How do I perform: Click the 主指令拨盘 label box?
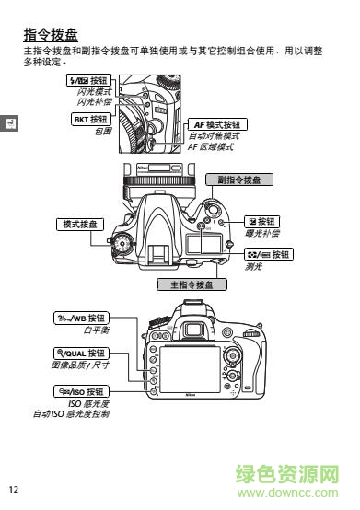[x=191, y=284]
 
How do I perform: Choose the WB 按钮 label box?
[x=82, y=319]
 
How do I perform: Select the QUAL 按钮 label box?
[x=81, y=354]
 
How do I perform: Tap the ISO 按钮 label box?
[x=82, y=392]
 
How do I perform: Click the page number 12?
[x=13, y=488]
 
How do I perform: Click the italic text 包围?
[x=102, y=131]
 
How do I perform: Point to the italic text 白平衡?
[x=96, y=330]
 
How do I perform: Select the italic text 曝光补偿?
[x=262, y=234]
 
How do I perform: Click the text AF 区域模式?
[x=211, y=146]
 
